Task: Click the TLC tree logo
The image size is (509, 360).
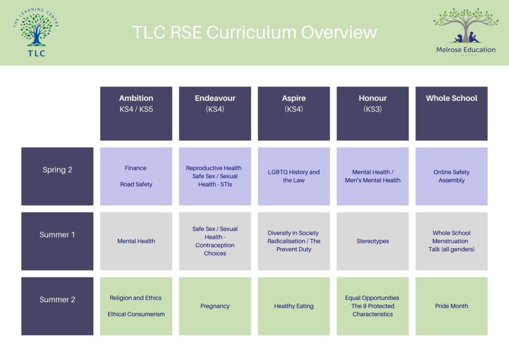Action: [x=36, y=32]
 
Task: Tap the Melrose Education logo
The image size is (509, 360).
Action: [x=466, y=32]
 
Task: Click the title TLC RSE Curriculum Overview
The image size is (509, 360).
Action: [x=254, y=32]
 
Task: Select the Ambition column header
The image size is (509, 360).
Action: [x=136, y=113]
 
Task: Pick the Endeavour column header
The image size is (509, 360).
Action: [x=215, y=113]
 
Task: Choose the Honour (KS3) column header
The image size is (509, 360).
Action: [x=373, y=113]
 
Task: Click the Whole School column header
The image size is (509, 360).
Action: [x=451, y=113]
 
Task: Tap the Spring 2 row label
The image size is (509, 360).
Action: [x=58, y=176]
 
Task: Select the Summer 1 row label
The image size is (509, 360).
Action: [x=58, y=241]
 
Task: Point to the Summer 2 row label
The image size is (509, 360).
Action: [x=58, y=306]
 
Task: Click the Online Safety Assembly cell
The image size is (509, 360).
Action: [x=451, y=176]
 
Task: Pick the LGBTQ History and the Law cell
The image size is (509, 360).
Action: [x=294, y=176]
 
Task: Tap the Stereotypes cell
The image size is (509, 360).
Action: [x=373, y=241]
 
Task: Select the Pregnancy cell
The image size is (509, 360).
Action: [x=215, y=306]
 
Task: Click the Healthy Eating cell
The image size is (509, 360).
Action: [x=294, y=306]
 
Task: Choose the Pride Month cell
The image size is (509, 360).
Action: [x=451, y=306]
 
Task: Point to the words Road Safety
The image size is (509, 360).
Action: [x=136, y=184]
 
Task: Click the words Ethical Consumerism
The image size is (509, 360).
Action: [x=136, y=314]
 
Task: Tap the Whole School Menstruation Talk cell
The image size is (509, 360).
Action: [x=451, y=241]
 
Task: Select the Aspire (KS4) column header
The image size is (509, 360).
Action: [x=294, y=113]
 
